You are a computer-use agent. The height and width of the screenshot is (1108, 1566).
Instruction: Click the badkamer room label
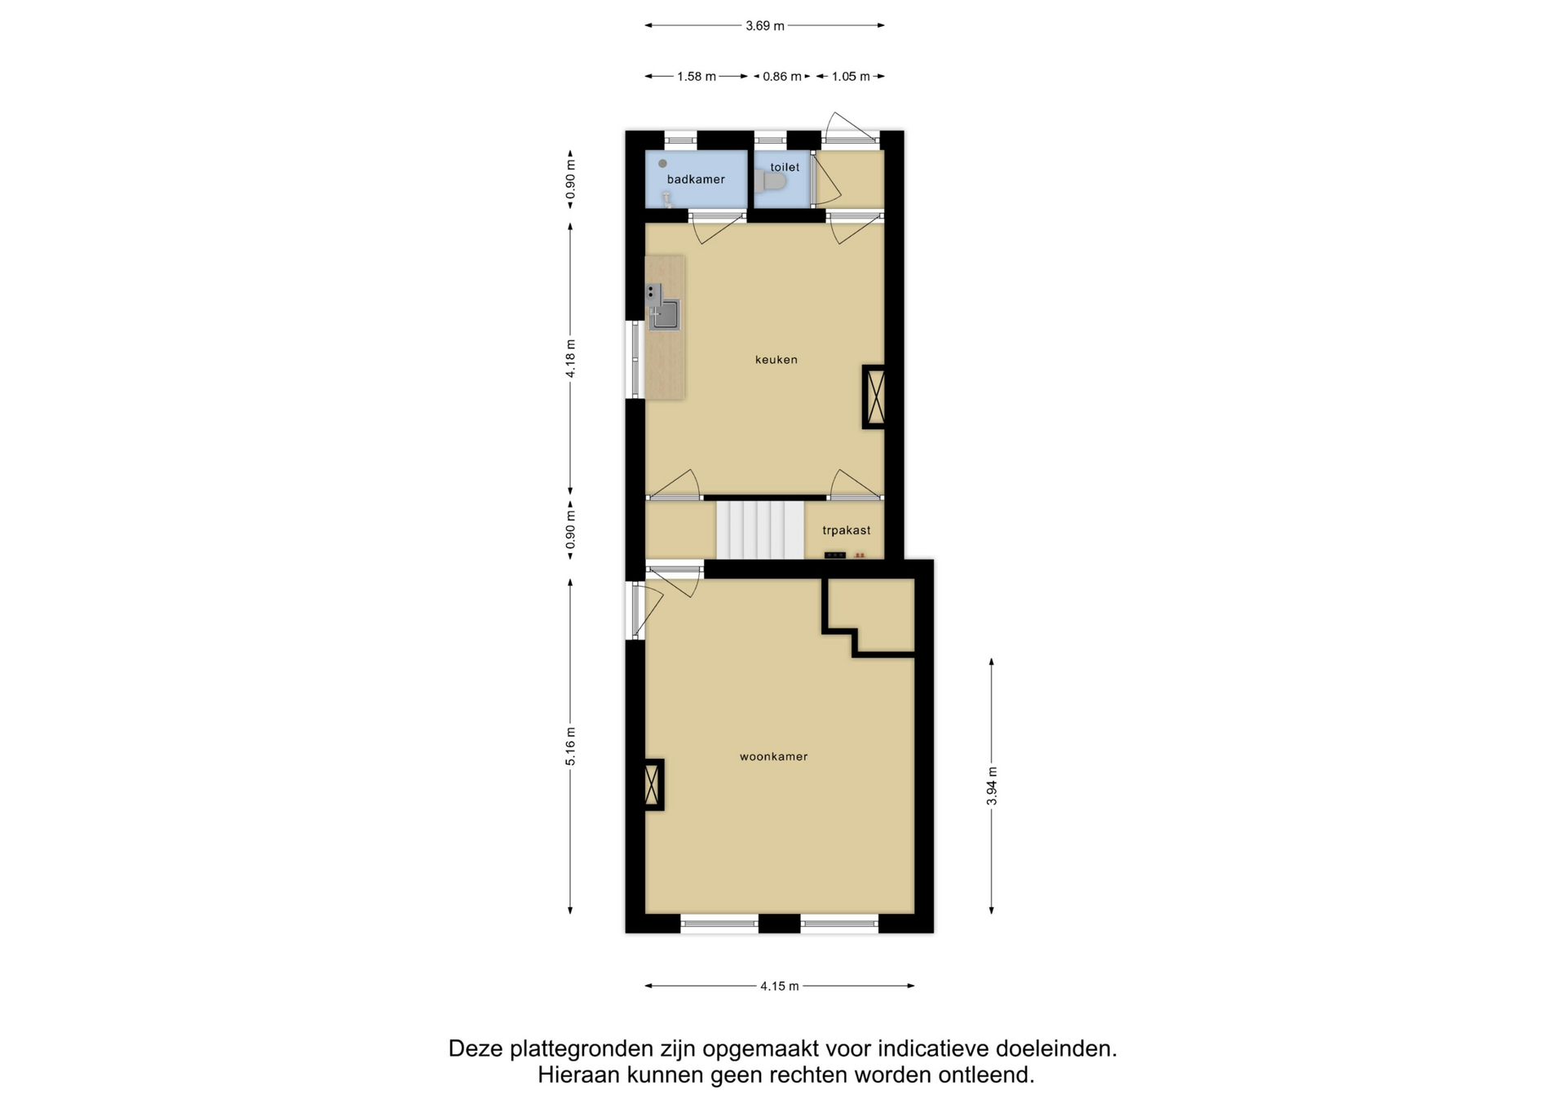coord(696,179)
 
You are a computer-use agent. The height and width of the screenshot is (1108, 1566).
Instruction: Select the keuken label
coord(776,360)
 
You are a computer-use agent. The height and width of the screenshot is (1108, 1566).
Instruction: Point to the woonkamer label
coord(774,757)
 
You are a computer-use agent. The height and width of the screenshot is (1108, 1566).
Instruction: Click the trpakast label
coord(847,530)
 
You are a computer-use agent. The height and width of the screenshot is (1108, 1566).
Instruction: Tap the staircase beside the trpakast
coord(760,530)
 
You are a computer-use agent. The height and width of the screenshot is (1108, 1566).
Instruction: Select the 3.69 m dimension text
coord(765,26)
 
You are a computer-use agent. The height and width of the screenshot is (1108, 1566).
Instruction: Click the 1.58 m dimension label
coord(697,77)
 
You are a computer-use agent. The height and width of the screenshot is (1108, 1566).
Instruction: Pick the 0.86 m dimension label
coord(782,77)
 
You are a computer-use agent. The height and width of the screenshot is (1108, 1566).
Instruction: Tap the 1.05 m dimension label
coord(851,77)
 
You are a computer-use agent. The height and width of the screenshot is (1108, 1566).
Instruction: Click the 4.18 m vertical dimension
coord(571,359)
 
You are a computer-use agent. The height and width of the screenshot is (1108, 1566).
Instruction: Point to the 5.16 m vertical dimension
coord(571,747)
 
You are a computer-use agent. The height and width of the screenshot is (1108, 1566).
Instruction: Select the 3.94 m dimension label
coord(992,787)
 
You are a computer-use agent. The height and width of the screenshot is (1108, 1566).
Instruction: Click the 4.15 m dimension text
coord(780,986)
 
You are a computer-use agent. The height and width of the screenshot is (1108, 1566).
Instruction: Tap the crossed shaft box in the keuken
coord(874,397)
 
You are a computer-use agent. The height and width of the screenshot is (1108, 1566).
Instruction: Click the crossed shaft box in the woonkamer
coord(653,785)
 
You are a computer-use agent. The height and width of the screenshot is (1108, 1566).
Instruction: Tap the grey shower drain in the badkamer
coord(662,164)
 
